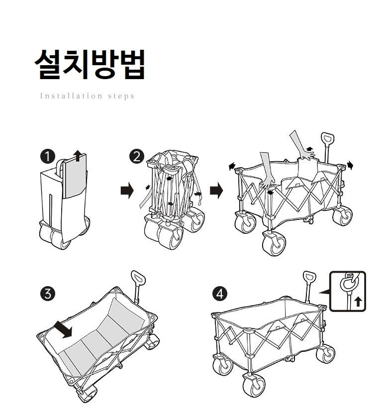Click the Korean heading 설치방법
coord(90,64)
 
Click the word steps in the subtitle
coord(121,96)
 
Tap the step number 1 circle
coord(47,157)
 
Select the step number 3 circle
coord(47,294)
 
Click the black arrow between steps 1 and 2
coord(127,191)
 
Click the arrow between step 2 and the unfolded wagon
coord(216,191)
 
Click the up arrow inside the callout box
coord(358,302)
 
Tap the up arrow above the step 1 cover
coord(77,154)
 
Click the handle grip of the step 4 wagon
coord(309,277)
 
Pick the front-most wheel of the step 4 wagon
coord(254,385)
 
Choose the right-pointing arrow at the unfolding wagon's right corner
coord(350,165)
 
